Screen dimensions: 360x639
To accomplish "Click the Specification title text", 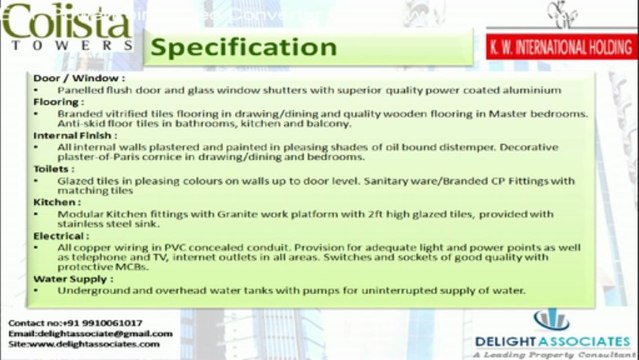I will click(236, 47).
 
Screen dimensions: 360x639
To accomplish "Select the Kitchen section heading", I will click(56, 203).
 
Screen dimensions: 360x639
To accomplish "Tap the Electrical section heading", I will click(61, 235).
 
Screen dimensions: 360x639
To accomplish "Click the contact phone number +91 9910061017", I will click(107, 323).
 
